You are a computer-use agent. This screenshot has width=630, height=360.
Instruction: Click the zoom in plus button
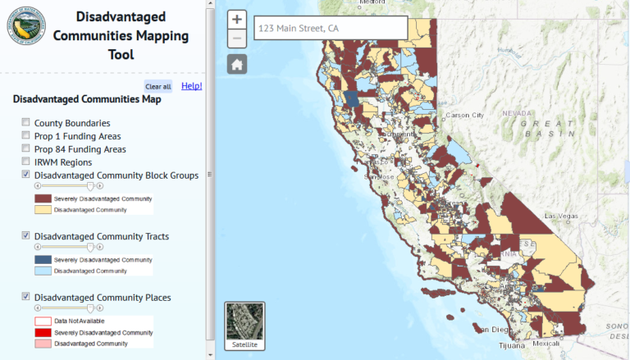tap(237, 20)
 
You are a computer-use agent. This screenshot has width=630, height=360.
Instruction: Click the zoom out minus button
tap(237, 39)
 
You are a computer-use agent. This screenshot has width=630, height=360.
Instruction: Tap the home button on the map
tap(237, 65)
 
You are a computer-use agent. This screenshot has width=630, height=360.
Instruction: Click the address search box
tap(331, 29)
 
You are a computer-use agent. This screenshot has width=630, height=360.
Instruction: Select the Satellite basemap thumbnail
tap(244, 326)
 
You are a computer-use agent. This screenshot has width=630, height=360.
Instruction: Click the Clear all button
tap(157, 86)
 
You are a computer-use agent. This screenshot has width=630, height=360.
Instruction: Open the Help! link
tap(191, 85)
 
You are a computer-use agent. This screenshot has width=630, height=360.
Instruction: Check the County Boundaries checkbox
tap(26, 123)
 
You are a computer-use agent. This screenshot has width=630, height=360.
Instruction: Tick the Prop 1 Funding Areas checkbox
tap(26, 136)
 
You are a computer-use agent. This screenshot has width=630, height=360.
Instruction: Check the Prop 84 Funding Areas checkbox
tap(26, 149)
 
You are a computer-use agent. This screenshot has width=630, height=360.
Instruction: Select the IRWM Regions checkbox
tap(26, 162)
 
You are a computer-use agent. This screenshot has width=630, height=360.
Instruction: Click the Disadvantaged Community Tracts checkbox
tap(26, 236)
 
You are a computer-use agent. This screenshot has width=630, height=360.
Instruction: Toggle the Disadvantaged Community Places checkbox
tap(26, 297)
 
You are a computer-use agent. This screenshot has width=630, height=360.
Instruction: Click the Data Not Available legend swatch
tap(43, 321)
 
